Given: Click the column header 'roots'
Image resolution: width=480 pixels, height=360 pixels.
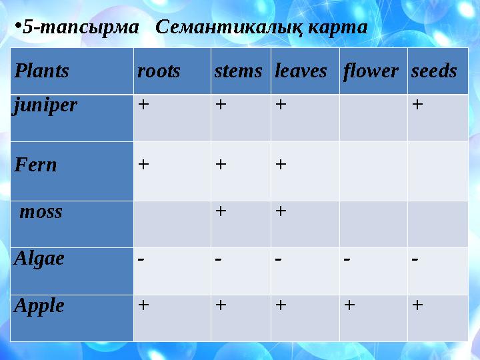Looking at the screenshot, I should tap(159, 71).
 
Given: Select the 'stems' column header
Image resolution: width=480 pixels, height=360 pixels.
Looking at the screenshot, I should tap(238, 71).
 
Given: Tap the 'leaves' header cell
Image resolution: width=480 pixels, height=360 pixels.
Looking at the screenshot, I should tap(301, 71).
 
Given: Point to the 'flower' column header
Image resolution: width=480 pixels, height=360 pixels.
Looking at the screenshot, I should tap(371, 71).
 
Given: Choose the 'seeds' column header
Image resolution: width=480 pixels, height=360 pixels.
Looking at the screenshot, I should tap(434, 71).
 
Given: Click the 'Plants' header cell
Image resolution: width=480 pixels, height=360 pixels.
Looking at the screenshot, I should tap(42, 71).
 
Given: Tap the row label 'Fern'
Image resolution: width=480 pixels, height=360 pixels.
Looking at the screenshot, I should tap(36, 165).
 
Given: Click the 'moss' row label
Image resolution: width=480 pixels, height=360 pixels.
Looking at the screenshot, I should tap(41, 212).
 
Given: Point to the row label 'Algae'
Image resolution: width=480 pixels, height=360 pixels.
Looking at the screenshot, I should tap(39, 258).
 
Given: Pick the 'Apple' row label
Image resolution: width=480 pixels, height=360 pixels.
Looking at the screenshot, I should tap(39, 305).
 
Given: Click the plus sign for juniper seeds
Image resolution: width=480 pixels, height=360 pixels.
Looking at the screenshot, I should tap(417, 105).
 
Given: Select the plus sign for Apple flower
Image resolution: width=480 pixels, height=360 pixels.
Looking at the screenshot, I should tap(348, 305).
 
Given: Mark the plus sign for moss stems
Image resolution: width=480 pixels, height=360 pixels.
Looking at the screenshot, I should tap(220, 211).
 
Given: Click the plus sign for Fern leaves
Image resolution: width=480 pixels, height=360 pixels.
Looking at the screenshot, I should tap(281, 164).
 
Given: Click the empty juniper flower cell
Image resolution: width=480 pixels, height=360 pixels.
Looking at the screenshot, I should tap(373, 117).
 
